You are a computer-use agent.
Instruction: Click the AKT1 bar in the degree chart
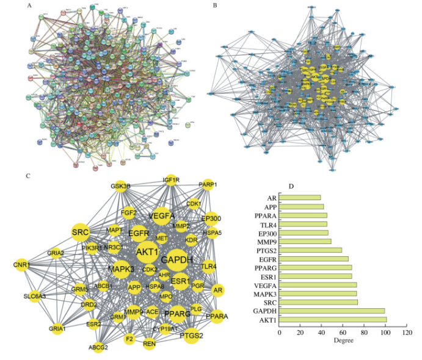333,319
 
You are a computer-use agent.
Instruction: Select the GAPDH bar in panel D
332,311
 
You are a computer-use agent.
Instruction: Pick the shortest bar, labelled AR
300,198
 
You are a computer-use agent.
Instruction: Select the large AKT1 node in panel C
147,251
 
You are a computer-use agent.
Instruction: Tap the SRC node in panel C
81,232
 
